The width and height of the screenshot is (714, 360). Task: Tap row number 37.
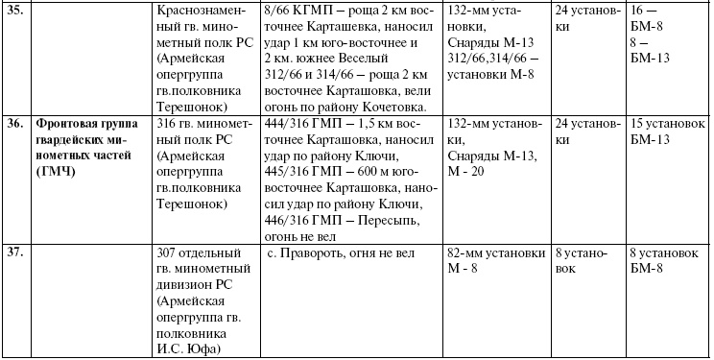(x=15, y=253)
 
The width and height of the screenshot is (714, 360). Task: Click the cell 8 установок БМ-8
(x=661, y=261)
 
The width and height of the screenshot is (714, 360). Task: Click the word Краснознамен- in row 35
(x=202, y=9)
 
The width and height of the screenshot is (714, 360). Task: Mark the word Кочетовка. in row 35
(x=393, y=107)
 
